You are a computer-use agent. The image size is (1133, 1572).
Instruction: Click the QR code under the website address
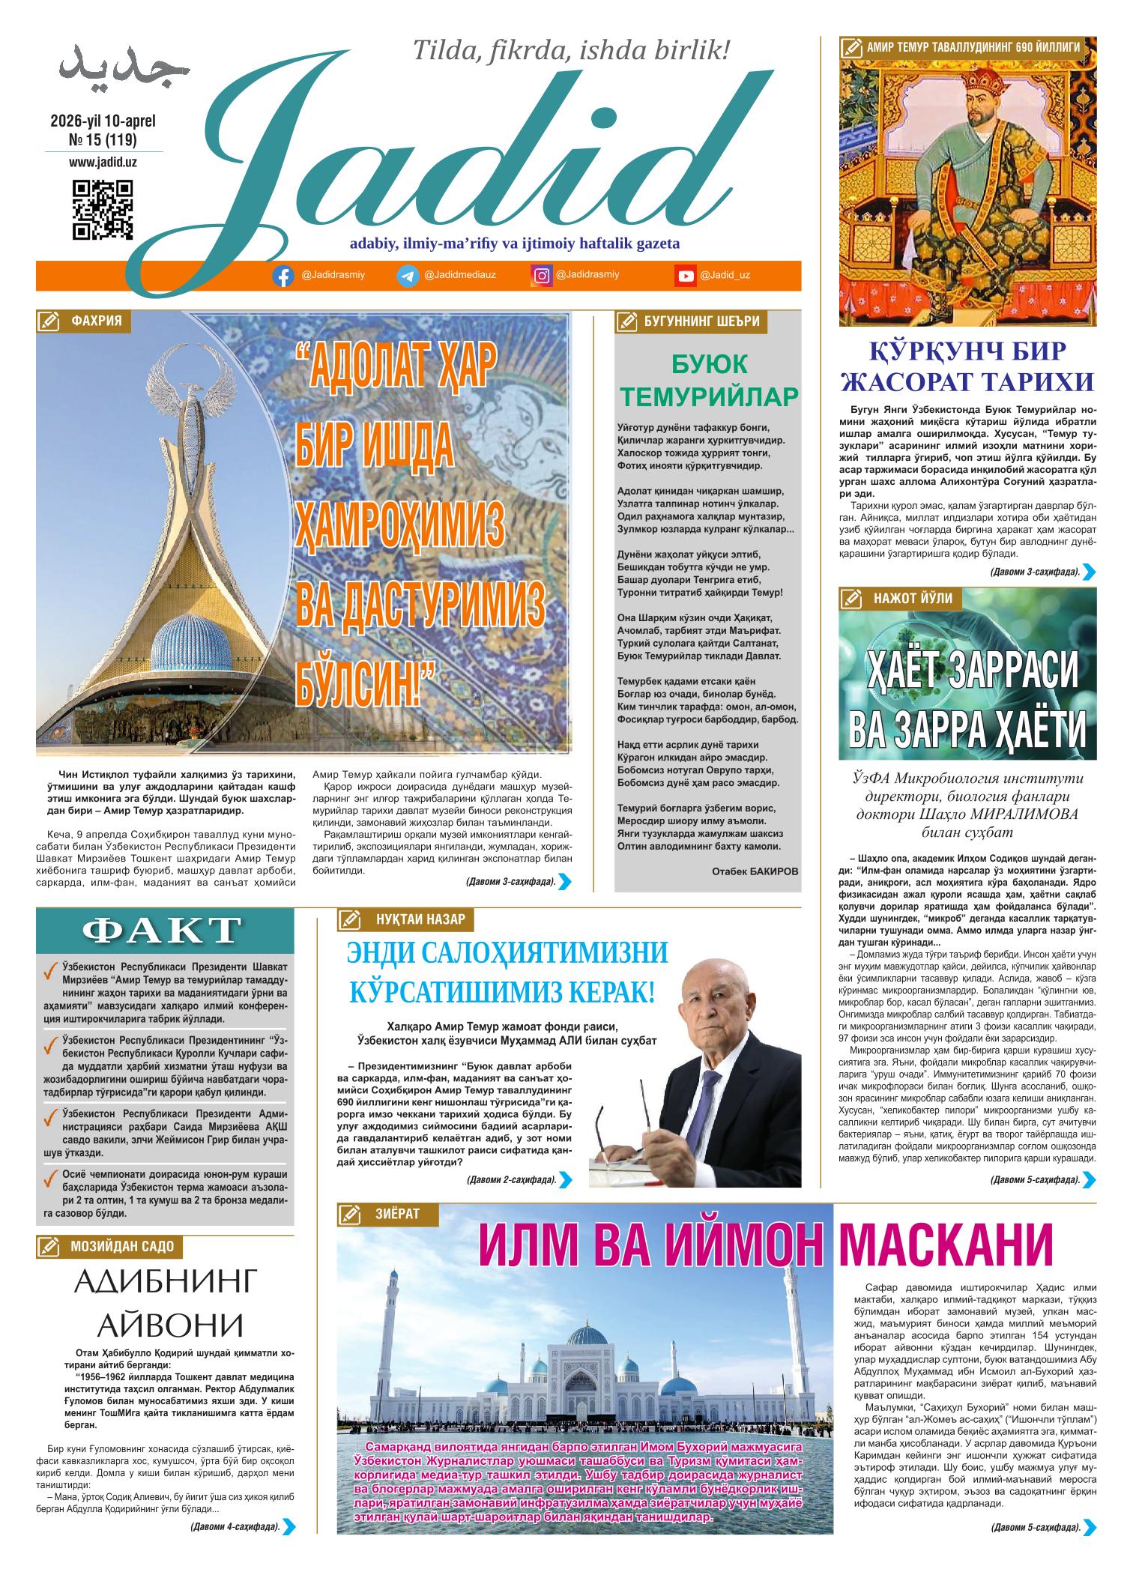pyautogui.click(x=103, y=210)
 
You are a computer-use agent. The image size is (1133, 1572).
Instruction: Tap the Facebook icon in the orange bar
pyautogui.click(x=283, y=276)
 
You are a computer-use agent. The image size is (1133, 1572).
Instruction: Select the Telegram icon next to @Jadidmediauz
pyautogui.click(x=408, y=276)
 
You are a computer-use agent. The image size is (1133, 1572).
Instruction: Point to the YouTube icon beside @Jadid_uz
pyautogui.click(x=686, y=276)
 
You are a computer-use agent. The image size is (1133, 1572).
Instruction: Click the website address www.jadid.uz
pyautogui.click(x=103, y=161)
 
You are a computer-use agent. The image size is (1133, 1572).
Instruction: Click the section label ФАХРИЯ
pyautogui.click(x=96, y=321)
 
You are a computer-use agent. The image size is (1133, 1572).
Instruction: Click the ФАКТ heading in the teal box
pyautogui.click(x=162, y=931)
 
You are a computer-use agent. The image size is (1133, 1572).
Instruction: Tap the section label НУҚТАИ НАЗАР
pyautogui.click(x=420, y=919)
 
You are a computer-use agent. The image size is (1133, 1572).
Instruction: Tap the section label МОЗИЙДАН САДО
pyautogui.click(x=122, y=1247)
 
